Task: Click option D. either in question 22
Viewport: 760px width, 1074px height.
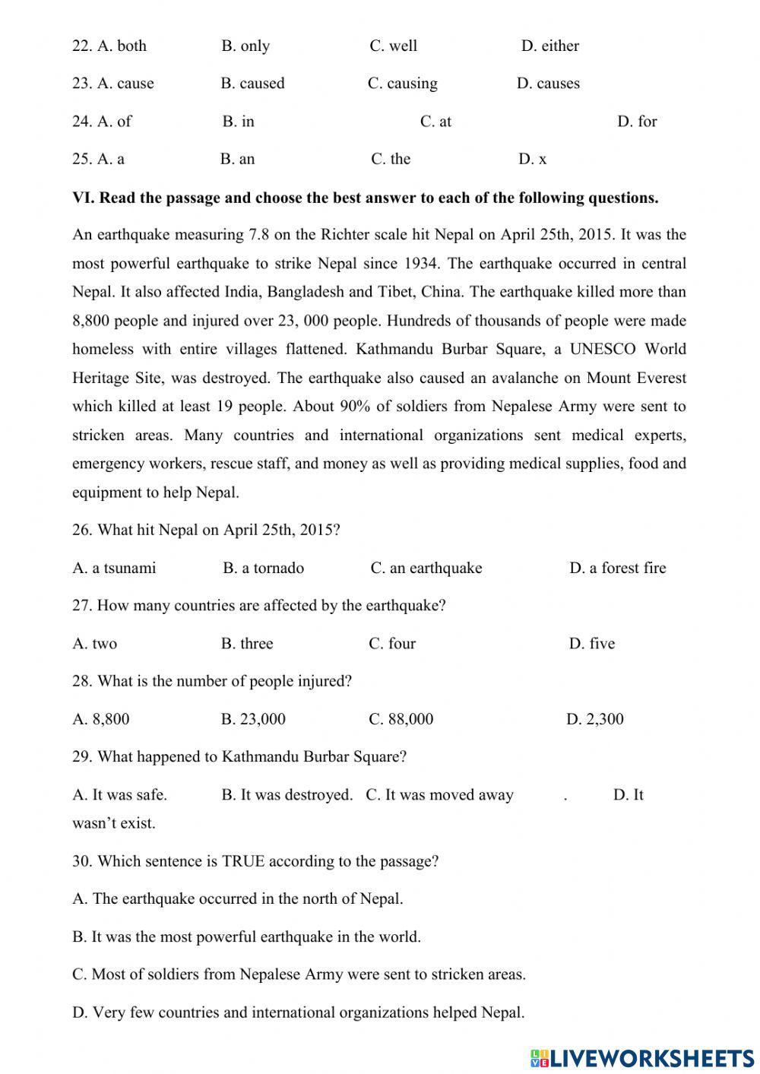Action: (x=549, y=46)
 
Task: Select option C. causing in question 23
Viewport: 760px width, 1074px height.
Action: (x=402, y=84)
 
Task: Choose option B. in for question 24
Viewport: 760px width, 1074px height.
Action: (x=239, y=122)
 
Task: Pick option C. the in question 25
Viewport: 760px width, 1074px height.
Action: (x=391, y=160)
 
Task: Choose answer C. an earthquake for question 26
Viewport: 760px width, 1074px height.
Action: (x=426, y=569)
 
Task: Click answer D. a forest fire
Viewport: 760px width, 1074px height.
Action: (x=617, y=569)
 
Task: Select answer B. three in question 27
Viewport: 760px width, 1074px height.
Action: (x=247, y=644)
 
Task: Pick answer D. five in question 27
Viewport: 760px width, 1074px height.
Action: (x=591, y=644)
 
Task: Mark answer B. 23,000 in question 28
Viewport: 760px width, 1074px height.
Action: (x=253, y=720)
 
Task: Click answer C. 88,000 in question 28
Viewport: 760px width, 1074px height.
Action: (x=401, y=720)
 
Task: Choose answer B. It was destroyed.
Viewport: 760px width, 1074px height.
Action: (x=287, y=795)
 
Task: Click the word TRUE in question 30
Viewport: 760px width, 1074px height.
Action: (x=242, y=862)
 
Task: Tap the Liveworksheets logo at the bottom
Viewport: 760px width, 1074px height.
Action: (x=642, y=1057)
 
